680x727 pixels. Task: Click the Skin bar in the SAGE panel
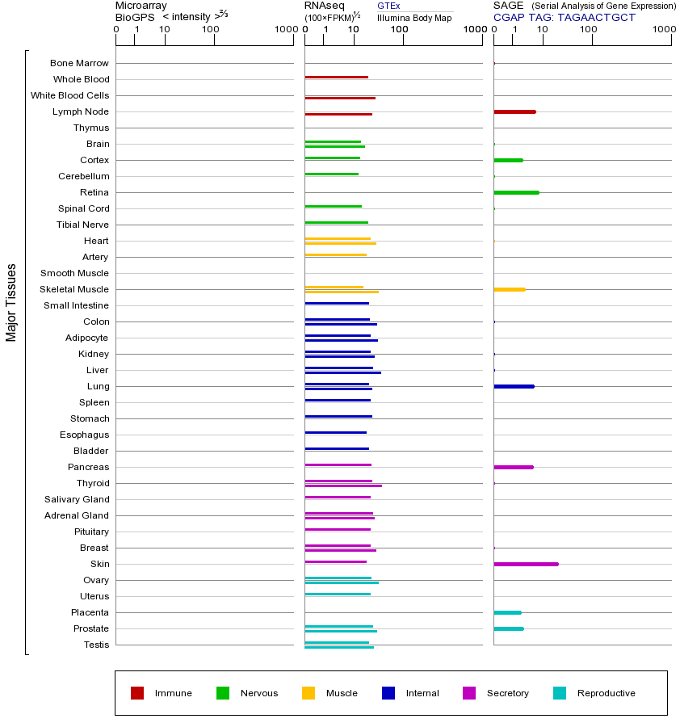526,564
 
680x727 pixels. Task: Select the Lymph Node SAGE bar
514,111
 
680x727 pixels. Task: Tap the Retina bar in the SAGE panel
516,192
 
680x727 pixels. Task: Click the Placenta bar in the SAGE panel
507,612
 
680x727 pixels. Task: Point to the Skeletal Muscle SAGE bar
509,289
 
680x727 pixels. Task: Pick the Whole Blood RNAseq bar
336,77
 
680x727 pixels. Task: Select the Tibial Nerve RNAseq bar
336,222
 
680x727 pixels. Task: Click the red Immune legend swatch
137,693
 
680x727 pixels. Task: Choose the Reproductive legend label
606,693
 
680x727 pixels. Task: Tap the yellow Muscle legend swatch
309,693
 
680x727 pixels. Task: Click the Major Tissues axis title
11,302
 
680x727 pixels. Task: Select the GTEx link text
388,6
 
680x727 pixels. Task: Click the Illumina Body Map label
414,18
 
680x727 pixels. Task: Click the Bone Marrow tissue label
79,63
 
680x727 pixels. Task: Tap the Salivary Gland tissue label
77,499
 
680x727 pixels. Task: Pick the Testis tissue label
96,645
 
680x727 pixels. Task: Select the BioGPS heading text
135,17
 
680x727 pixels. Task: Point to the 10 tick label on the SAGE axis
543,30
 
